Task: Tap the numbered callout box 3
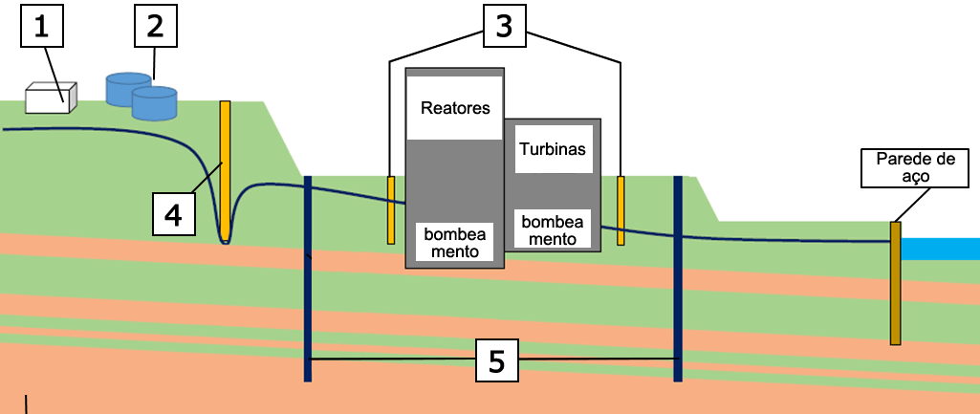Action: point(504,27)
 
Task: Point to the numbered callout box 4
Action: point(173,213)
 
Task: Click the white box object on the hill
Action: point(51,98)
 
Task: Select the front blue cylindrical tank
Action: point(154,103)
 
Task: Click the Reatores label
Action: point(455,108)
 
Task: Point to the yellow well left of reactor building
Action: point(391,209)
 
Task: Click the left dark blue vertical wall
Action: point(308,278)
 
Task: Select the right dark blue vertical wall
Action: point(678,278)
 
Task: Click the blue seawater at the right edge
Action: point(942,249)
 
